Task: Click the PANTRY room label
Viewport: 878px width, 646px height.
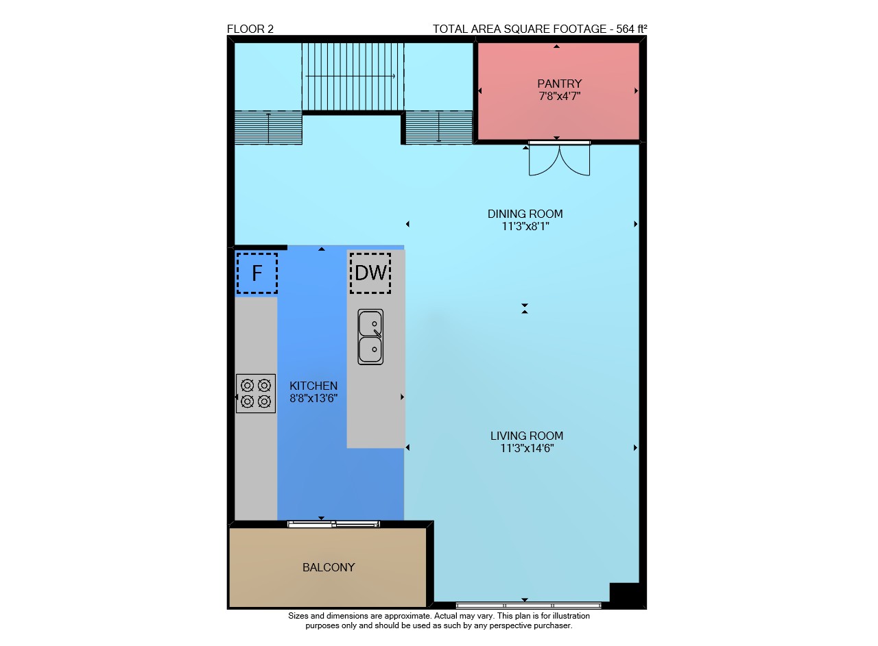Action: (559, 84)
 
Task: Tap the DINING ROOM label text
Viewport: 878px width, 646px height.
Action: (525, 214)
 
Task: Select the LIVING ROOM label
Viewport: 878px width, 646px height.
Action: (526, 436)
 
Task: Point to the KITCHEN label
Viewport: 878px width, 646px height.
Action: (313, 386)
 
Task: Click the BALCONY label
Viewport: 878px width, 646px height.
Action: (329, 567)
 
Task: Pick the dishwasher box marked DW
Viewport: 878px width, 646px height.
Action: (370, 273)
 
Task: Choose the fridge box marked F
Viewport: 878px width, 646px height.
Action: (257, 273)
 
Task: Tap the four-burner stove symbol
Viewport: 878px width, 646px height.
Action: (256, 393)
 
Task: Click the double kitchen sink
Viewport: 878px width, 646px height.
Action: (370, 337)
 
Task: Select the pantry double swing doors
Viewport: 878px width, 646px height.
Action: (559, 158)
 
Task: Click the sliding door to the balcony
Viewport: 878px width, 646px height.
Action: (333, 524)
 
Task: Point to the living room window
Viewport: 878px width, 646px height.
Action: (528, 606)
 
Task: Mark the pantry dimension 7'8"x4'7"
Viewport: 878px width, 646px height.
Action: (559, 97)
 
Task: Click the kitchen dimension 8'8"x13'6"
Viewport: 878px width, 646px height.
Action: (313, 399)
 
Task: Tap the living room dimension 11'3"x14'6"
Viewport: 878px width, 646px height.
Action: (526, 448)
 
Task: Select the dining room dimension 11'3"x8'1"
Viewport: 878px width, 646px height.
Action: (525, 226)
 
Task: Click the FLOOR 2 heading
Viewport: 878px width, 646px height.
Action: (250, 29)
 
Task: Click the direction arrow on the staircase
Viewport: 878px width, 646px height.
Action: (350, 76)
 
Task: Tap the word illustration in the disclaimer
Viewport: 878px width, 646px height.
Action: (569, 616)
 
